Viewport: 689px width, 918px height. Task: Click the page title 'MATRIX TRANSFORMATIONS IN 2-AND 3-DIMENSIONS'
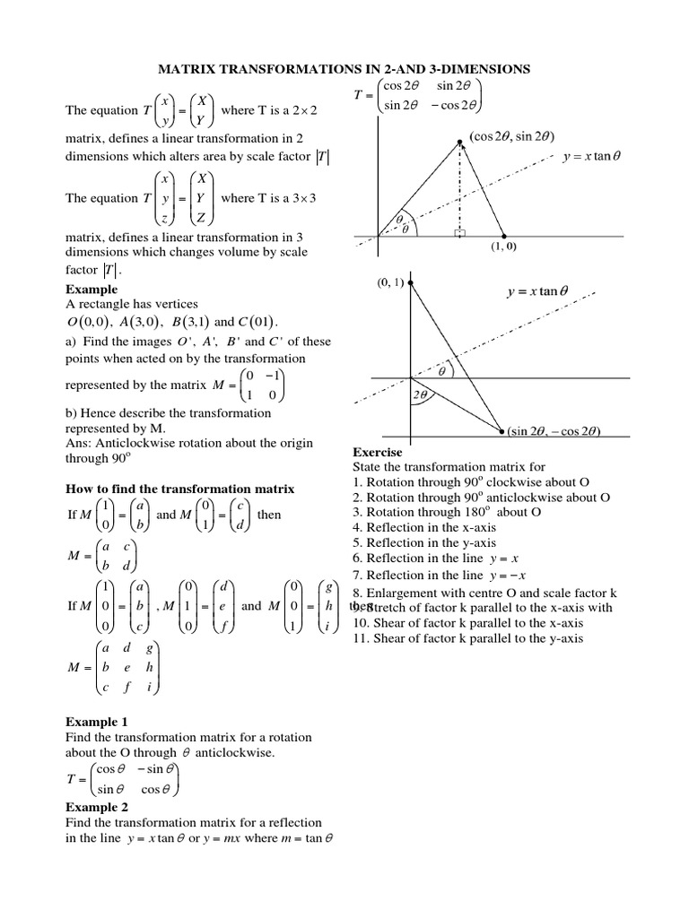tap(344, 68)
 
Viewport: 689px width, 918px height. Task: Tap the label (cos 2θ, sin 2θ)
tap(512, 136)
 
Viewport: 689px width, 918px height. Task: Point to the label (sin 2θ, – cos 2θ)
tap(554, 431)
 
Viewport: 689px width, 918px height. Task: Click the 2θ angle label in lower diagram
tap(419, 394)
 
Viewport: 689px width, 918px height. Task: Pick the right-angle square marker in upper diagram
tap(460, 234)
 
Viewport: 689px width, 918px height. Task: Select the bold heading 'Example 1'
tap(97, 721)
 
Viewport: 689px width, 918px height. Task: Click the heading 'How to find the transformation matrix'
tap(180, 489)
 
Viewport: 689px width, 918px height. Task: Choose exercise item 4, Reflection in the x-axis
tap(424, 527)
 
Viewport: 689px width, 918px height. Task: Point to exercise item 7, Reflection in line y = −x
tap(439, 575)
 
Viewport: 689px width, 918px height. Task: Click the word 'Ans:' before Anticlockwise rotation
tap(81, 441)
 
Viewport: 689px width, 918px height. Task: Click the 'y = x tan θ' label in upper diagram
tap(586, 155)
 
